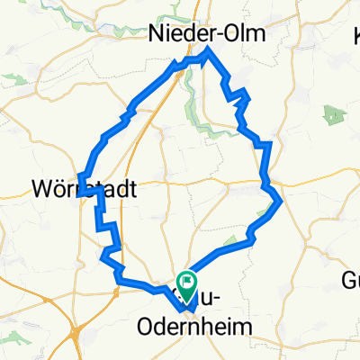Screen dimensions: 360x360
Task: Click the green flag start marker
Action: [187, 284]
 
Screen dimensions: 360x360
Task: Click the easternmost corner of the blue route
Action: [283, 201]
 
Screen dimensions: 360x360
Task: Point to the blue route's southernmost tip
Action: [192, 311]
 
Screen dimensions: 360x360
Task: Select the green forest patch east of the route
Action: [334, 115]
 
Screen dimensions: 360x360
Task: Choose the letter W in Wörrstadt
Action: [41, 190]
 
